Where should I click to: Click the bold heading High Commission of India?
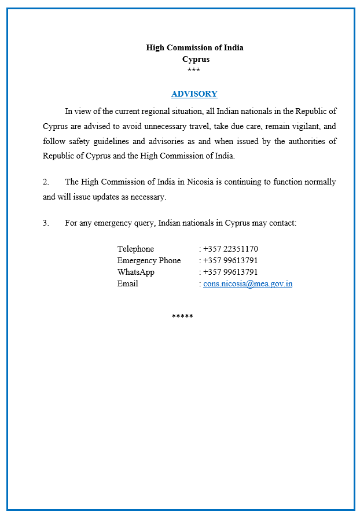(x=194, y=47)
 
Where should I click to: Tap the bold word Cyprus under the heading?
(x=196, y=59)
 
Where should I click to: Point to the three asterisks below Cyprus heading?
(x=194, y=71)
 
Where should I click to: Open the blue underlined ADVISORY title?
(x=194, y=94)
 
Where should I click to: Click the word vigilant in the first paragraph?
(x=303, y=126)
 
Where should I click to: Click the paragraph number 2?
(x=46, y=182)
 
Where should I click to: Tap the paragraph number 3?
(x=46, y=223)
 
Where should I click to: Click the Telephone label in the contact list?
(x=135, y=249)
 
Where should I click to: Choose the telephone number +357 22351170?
(x=230, y=249)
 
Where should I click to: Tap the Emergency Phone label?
(x=149, y=260)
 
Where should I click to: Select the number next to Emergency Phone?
(x=230, y=260)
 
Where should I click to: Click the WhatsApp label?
(x=135, y=272)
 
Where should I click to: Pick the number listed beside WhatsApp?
(x=230, y=272)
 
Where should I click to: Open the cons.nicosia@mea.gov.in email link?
(x=248, y=284)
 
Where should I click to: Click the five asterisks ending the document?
(x=182, y=317)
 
